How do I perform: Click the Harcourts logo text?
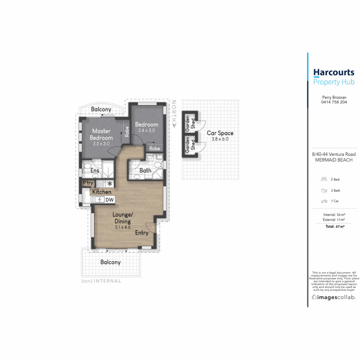[334, 72]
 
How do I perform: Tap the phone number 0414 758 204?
[334, 102]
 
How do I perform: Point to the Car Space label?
[220, 133]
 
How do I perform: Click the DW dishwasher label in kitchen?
[109, 200]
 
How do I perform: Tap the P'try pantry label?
[88, 183]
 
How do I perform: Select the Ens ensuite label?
[95, 171]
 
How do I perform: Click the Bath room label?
[146, 171]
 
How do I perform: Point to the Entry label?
[141, 233]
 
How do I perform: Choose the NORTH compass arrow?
[174, 125]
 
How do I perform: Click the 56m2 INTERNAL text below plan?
[101, 281]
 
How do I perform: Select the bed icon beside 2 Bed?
[324, 179]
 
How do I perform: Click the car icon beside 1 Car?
[324, 201]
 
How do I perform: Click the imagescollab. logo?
[333, 297]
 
